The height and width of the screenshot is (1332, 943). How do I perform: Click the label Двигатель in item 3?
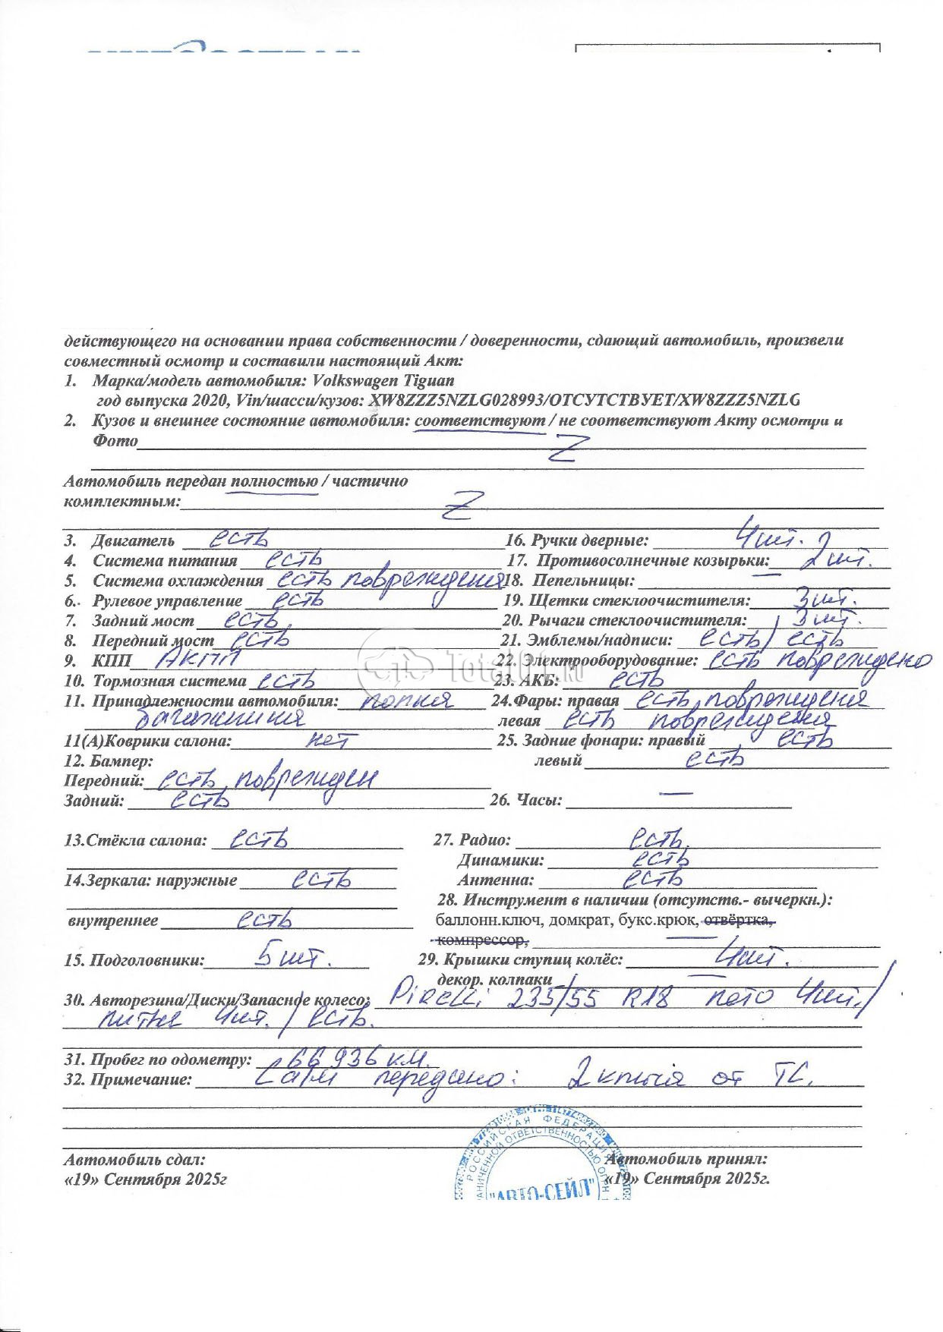click(x=134, y=541)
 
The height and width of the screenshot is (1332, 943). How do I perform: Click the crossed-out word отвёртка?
click(x=740, y=921)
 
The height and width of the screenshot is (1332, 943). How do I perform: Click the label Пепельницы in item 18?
click(x=583, y=581)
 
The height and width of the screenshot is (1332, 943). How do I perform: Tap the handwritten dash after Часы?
click(x=676, y=794)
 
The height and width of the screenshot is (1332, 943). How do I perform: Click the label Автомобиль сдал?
click(x=134, y=1160)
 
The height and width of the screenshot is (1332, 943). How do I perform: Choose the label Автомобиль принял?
click(x=687, y=1159)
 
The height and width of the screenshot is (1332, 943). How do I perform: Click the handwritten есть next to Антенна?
click(x=652, y=879)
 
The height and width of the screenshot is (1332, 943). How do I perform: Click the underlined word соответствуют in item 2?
click(x=481, y=420)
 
